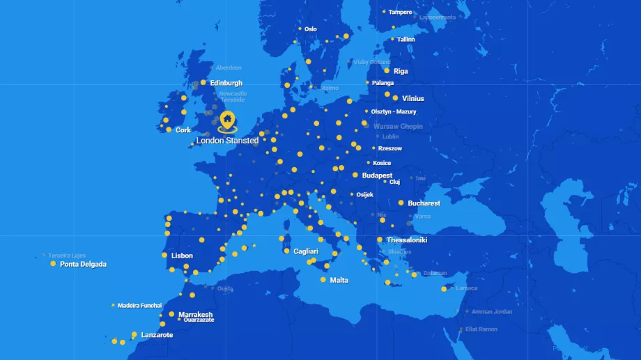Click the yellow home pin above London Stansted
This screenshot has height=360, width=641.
[x=227, y=121]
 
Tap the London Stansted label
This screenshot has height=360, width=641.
[x=227, y=141]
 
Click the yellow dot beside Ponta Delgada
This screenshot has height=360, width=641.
[x=53, y=264]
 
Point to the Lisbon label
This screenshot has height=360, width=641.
[x=182, y=256]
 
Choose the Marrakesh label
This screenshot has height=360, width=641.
[x=195, y=315]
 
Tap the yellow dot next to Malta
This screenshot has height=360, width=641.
[x=323, y=280]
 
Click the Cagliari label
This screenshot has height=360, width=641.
[x=306, y=251]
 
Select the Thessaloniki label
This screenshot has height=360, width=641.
[x=407, y=240]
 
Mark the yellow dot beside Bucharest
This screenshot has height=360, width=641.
[x=401, y=203]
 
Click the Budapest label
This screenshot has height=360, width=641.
[x=377, y=175]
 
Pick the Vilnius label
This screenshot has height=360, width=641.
[x=412, y=99]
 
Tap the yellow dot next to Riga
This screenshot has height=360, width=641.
[x=387, y=70]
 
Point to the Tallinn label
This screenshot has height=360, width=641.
[x=406, y=40]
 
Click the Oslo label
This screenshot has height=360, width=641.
[x=311, y=29]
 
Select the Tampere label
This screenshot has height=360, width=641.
[x=400, y=12]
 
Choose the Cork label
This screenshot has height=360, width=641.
[x=183, y=130]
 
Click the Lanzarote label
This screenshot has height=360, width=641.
[x=157, y=335]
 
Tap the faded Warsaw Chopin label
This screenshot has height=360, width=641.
[x=398, y=127]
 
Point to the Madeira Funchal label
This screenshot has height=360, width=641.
[x=139, y=306]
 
